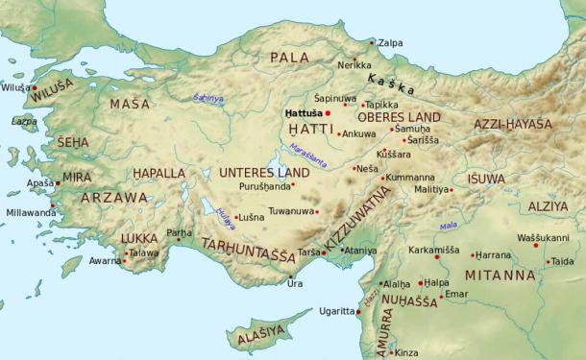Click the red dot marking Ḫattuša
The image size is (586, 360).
(x=329, y=112)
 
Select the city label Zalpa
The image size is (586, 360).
(x=390, y=43)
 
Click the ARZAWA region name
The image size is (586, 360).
(x=113, y=198)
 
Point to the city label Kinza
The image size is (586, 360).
(x=406, y=352)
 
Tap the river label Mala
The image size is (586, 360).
(x=448, y=227)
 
